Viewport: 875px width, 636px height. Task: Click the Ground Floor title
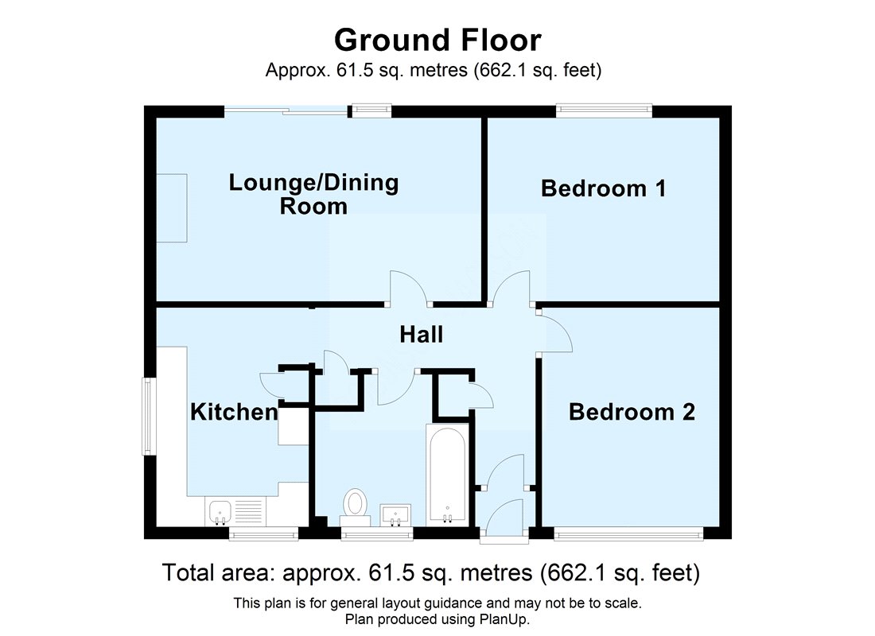pyautogui.click(x=437, y=41)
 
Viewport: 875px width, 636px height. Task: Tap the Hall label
pyautogui.click(x=422, y=334)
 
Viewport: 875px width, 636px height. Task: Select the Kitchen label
pyautogui.click(x=234, y=412)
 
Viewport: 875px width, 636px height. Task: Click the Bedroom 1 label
pyautogui.click(x=603, y=188)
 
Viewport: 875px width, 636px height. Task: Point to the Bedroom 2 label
pyautogui.click(x=632, y=412)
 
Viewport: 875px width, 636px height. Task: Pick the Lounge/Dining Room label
pyautogui.click(x=313, y=194)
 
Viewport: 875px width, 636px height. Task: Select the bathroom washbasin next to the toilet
pyautogui.click(x=395, y=515)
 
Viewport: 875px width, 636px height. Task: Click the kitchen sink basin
pyautogui.click(x=220, y=512)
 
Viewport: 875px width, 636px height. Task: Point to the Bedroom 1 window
pyautogui.click(x=604, y=111)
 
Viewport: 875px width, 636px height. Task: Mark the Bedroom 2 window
pyautogui.click(x=628, y=534)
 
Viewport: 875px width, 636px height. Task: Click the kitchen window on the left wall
pyautogui.click(x=148, y=417)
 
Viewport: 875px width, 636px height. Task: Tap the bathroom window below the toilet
pyautogui.click(x=377, y=534)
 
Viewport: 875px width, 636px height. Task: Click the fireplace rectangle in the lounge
pyautogui.click(x=171, y=207)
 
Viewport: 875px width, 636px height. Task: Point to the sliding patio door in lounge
pyautogui.click(x=286, y=111)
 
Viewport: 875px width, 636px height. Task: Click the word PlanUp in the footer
pyautogui.click(x=501, y=619)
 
